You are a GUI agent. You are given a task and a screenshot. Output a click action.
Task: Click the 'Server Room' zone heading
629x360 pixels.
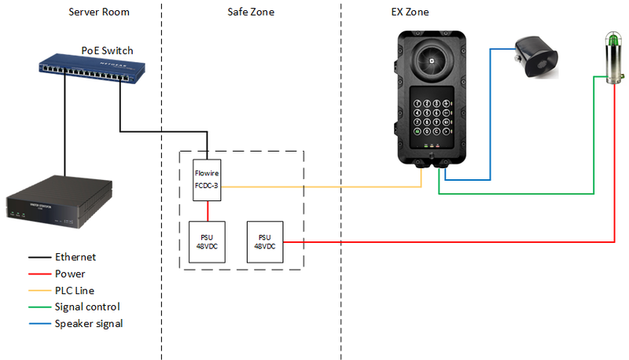click(98, 13)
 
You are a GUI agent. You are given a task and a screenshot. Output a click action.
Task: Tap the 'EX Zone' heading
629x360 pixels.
click(410, 13)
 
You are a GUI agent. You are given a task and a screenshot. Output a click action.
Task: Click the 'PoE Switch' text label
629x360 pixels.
click(107, 50)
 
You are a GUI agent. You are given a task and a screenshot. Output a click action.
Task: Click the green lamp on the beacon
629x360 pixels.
click(612, 40)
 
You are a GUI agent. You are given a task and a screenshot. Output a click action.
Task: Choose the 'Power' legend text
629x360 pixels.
click(71, 274)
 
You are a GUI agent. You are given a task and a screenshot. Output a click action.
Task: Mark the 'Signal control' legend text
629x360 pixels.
click(87, 307)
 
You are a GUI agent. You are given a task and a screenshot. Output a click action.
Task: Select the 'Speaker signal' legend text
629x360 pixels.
click(89, 323)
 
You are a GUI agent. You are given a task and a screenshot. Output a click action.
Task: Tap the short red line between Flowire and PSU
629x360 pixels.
click(208, 211)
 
